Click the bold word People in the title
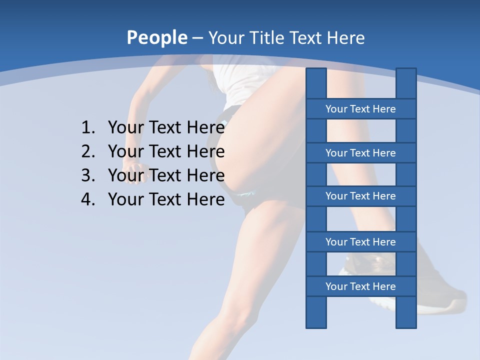(156, 38)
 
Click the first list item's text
(166, 128)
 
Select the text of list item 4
(166, 199)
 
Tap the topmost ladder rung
(360, 109)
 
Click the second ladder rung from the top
(360, 153)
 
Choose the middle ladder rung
(360, 196)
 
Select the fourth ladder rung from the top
(360, 242)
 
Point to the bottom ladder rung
(360, 286)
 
